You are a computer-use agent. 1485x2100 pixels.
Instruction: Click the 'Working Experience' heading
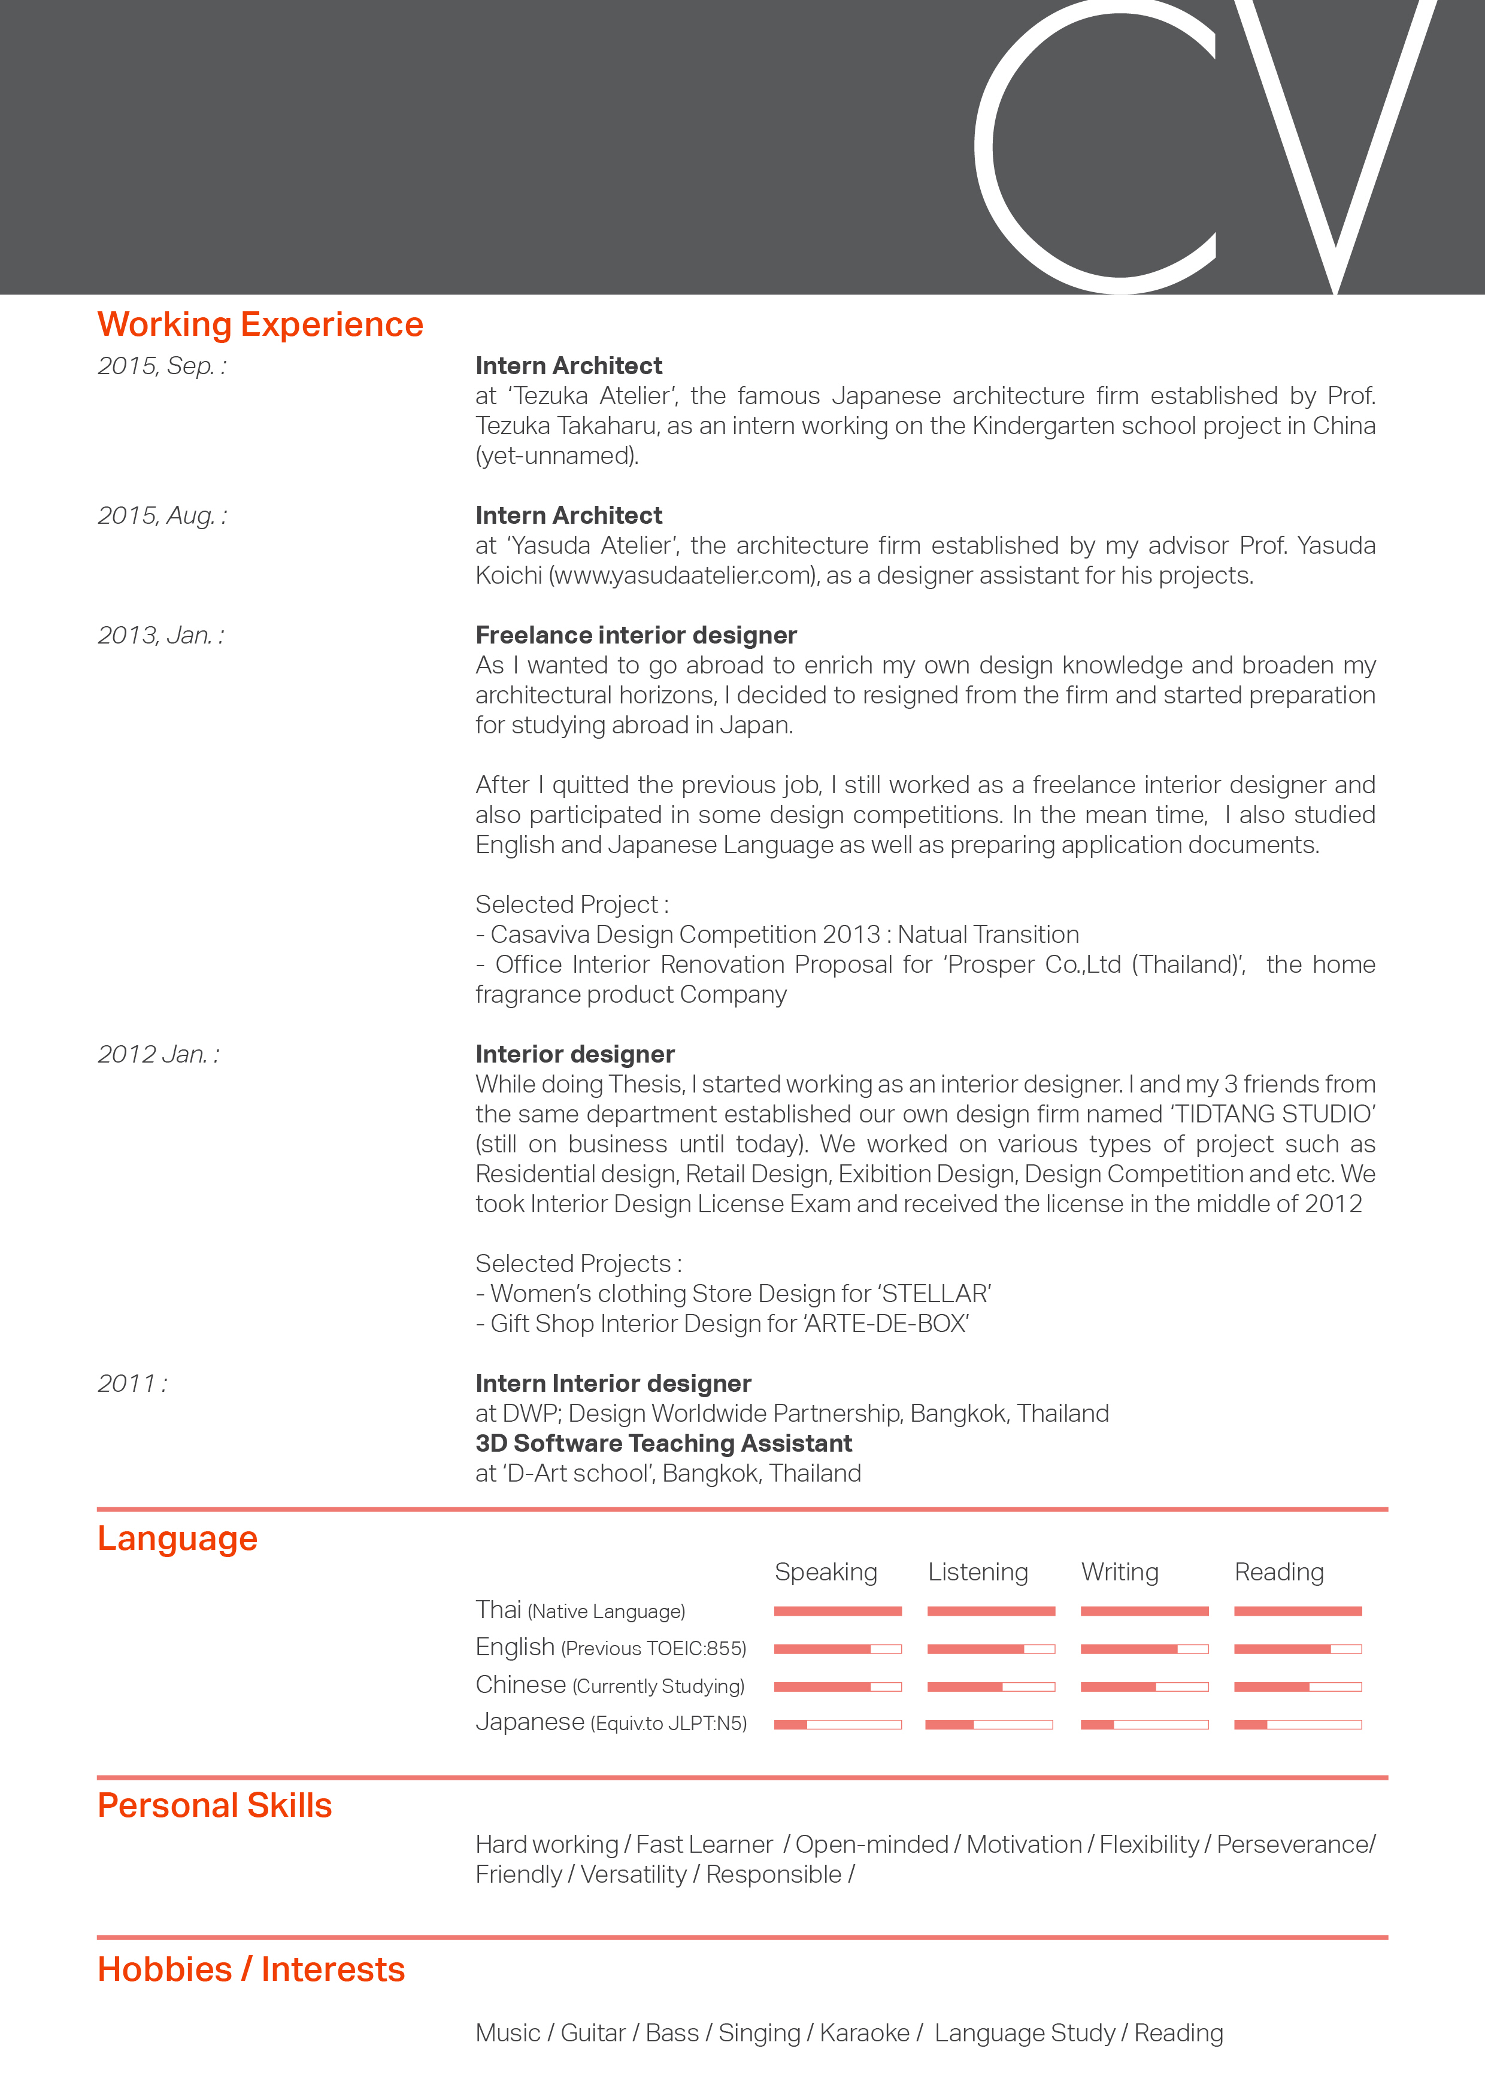pyautogui.click(x=260, y=324)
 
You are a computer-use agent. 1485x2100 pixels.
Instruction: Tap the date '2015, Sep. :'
pyautogui.click(x=161, y=366)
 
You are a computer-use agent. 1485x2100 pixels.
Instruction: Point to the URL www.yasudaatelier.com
pyautogui.click(x=683, y=575)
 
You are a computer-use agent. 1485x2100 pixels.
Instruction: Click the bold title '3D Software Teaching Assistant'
pyautogui.click(x=663, y=1443)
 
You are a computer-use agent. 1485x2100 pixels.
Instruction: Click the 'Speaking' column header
pyautogui.click(x=825, y=1572)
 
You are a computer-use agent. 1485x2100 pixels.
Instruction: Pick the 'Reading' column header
pyautogui.click(x=1279, y=1572)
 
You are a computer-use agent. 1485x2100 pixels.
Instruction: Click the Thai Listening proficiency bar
pyautogui.click(x=991, y=1611)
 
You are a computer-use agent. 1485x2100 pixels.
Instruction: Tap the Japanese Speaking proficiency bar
pyautogui.click(x=837, y=1724)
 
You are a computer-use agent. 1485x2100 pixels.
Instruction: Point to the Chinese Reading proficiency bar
pyautogui.click(x=1298, y=1686)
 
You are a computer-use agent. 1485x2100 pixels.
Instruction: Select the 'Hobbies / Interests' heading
pyautogui.click(x=251, y=1969)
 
